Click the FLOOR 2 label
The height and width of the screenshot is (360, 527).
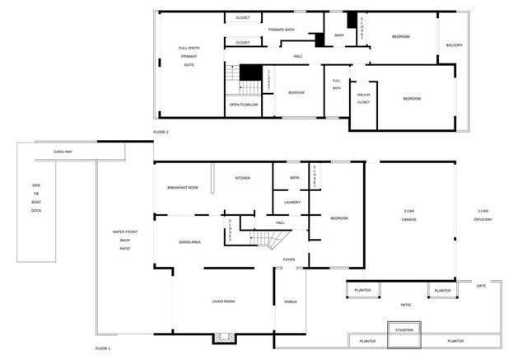point(161,132)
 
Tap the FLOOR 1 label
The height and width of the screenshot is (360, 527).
point(102,349)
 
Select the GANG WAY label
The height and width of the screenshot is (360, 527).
point(63,152)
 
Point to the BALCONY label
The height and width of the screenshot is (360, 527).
point(454,45)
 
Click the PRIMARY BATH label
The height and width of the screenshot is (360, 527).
point(281,30)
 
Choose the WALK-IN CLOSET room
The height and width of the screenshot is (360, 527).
point(363,99)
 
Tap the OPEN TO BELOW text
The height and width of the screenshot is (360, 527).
point(245,105)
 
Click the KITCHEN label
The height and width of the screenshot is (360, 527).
point(242,178)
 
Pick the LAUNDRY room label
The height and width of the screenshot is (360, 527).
point(291,202)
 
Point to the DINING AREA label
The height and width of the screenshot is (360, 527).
point(190,242)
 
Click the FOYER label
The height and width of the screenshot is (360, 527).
point(288,259)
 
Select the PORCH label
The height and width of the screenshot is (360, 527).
point(290,302)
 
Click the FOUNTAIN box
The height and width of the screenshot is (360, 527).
point(404,330)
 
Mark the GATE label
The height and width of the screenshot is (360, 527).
point(481,286)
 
